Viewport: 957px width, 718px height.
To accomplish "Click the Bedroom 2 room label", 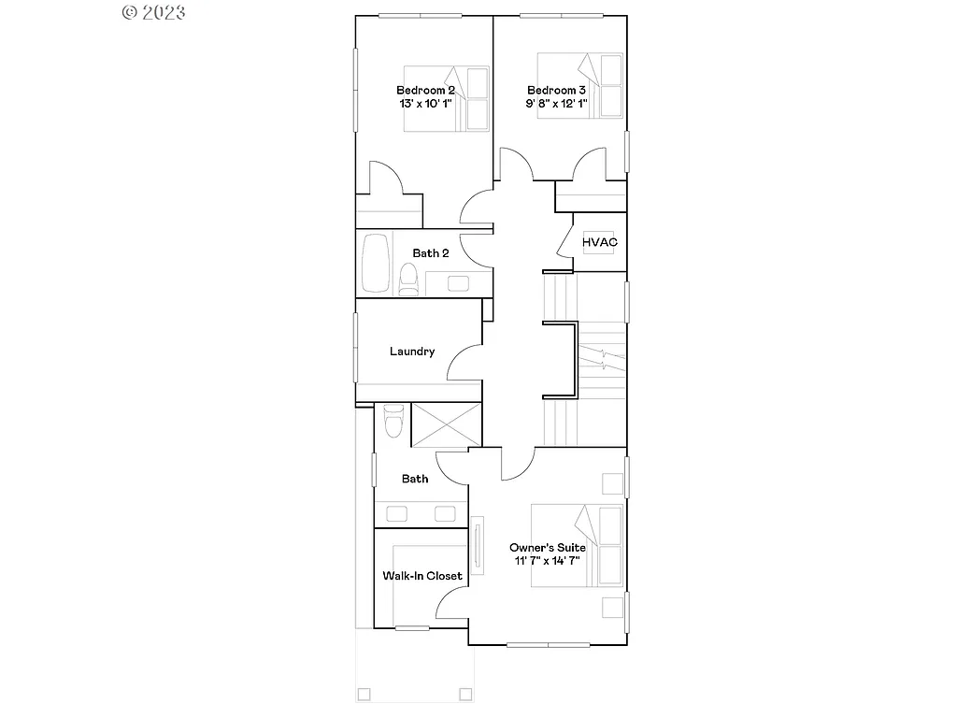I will point(425,90).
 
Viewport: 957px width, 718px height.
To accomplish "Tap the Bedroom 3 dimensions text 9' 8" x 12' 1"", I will point(556,104).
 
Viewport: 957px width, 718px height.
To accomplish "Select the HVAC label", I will point(600,242).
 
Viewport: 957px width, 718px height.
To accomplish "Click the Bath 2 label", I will point(431,253).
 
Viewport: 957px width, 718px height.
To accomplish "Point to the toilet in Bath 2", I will point(407,279).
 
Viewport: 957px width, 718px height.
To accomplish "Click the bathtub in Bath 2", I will point(374,264).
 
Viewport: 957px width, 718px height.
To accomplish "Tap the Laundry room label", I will point(412,352).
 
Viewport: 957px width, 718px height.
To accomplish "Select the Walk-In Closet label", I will point(422,576).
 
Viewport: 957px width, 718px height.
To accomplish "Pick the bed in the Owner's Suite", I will point(577,546).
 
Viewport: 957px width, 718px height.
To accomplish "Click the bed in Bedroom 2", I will point(447,96).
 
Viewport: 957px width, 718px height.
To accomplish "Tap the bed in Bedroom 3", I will point(580,96).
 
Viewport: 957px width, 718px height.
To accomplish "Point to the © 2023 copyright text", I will point(153,12).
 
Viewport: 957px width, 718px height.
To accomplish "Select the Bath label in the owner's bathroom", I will point(415,479).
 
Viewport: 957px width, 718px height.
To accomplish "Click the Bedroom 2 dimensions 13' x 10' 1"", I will point(425,104).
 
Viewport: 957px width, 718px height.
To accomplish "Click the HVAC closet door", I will point(564,240).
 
